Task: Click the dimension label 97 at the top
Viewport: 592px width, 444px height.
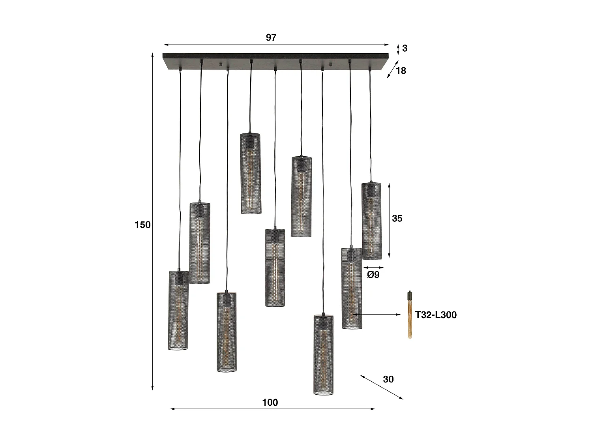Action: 271,37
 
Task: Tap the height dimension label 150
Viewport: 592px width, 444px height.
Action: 142,225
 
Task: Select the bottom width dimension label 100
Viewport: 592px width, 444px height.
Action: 270,402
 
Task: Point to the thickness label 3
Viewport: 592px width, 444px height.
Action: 405,48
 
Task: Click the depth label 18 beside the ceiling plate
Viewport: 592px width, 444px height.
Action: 401,71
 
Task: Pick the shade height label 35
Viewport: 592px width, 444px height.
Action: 397,218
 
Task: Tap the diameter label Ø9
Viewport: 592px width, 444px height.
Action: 373,274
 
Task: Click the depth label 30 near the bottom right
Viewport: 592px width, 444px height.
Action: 388,379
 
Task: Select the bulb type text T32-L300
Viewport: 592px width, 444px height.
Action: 436,315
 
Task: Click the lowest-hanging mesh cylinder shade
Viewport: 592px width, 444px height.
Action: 323,354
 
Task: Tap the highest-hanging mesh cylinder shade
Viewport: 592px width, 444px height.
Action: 251,174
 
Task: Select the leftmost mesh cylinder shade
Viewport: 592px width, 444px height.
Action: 178,310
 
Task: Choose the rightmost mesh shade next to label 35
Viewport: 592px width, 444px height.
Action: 371,221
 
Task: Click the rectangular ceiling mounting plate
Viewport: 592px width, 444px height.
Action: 275,61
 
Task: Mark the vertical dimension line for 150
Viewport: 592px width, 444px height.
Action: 152,221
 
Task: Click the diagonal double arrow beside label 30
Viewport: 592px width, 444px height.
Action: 382,387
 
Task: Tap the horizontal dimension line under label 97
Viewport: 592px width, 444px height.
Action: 276,45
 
